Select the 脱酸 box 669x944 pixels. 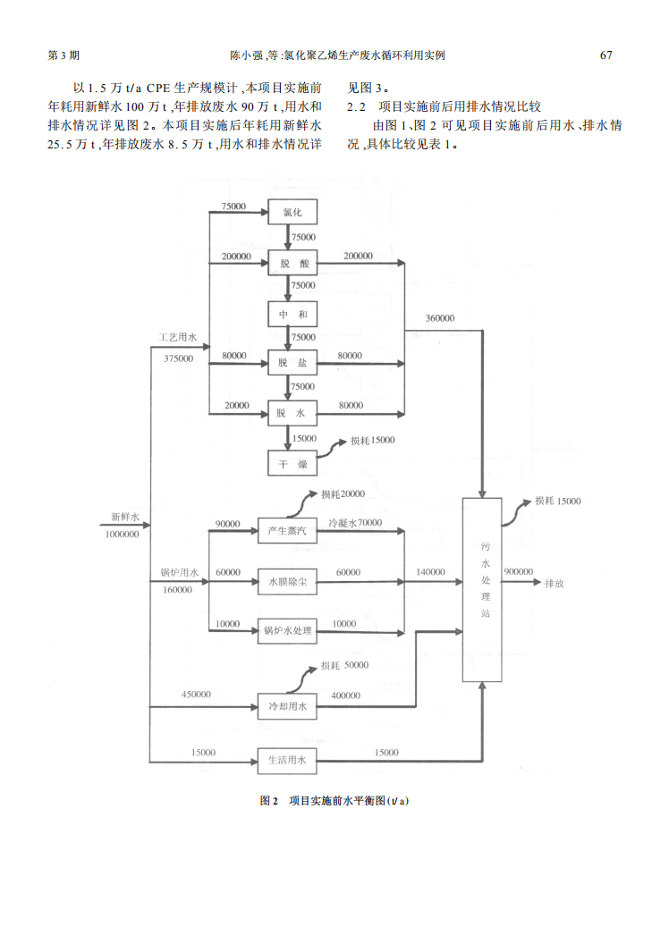pos(292,264)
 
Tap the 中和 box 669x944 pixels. pos(292,315)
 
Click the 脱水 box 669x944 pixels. pos(292,413)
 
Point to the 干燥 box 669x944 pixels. pos(292,463)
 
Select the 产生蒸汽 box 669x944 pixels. pos(287,531)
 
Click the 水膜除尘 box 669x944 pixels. pos(287,581)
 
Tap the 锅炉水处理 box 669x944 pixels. pos(287,631)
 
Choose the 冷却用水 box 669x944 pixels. pos(287,707)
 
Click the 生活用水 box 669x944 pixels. pos(287,761)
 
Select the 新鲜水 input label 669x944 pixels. pos(125,517)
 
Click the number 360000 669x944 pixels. pos(440,318)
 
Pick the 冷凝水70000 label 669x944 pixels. pos(355,522)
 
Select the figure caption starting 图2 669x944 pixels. pos(334,800)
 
